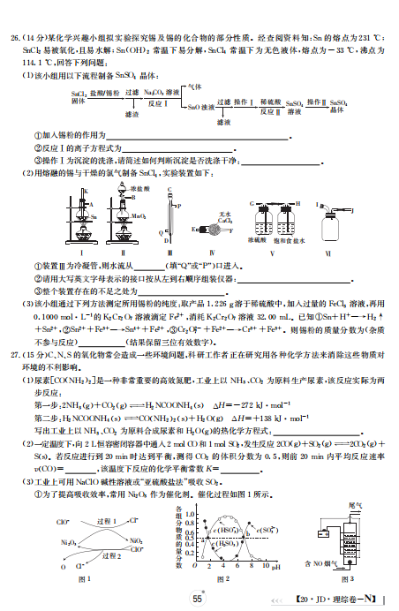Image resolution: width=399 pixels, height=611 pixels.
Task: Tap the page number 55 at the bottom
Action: click(199, 598)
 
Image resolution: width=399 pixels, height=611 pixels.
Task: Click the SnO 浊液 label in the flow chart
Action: click(199, 107)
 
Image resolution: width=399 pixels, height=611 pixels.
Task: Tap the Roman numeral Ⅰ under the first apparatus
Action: click(55, 251)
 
